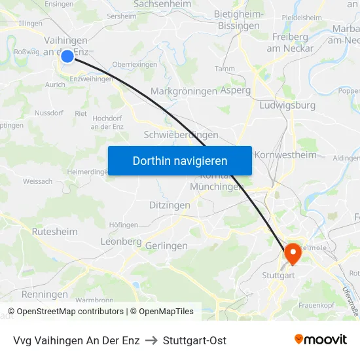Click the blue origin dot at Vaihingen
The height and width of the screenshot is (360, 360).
pyautogui.click(x=67, y=56)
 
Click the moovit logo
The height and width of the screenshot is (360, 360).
pyautogui.click(x=321, y=339)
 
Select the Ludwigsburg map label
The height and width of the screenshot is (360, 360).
pyautogui.click(x=287, y=105)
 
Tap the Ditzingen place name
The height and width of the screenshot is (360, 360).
pyautogui.click(x=169, y=205)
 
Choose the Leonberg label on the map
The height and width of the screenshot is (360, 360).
pyautogui.click(x=121, y=242)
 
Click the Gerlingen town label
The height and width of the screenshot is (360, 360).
pyautogui.click(x=166, y=245)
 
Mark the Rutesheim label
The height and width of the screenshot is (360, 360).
pyautogui.click(x=54, y=232)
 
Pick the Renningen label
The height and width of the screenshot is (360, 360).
pyautogui.click(x=45, y=295)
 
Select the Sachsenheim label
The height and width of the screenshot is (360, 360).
pyautogui.click(x=162, y=4)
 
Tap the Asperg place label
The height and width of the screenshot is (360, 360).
pyautogui.click(x=236, y=91)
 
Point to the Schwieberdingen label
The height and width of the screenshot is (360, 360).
pyautogui.click(x=181, y=135)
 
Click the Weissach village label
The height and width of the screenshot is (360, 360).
pyautogui.click(x=37, y=181)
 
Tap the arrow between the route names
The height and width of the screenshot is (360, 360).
pyautogui.click(x=151, y=340)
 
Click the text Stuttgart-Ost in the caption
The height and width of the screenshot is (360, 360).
pyautogui.click(x=194, y=340)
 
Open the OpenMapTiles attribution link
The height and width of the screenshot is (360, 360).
pyautogui.click(x=162, y=312)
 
